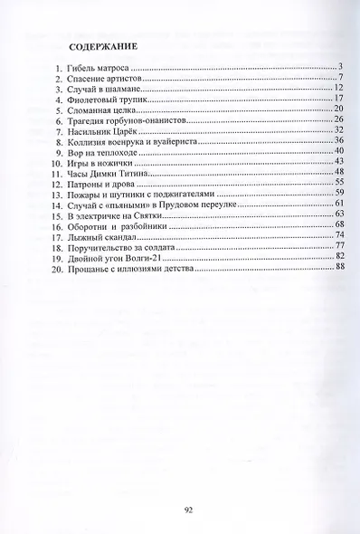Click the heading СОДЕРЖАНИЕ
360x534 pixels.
pyautogui.click(x=99, y=45)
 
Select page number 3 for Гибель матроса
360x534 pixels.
pyautogui.click(x=342, y=68)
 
